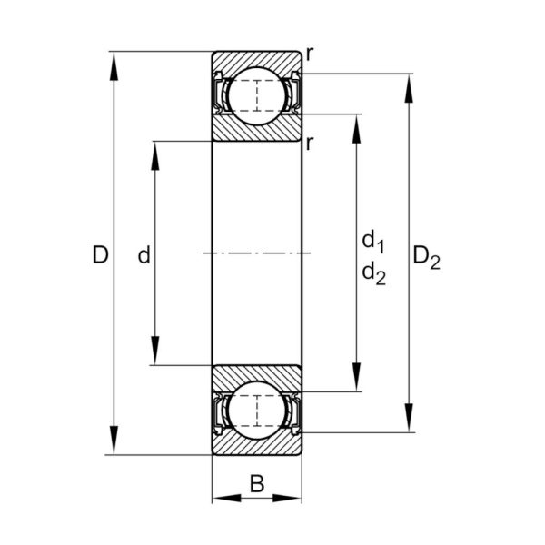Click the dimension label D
click(101, 254)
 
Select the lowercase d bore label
click(144, 254)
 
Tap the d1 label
click(373, 241)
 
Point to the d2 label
click(373, 273)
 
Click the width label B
click(257, 483)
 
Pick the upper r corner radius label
click(310, 54)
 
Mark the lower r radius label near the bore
click(310, 144)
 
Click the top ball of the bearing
click(257, 96)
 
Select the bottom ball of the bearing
click(257, 411)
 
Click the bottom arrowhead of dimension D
click(114, 440)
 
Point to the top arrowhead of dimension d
click(155, 155)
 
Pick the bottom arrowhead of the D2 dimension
click(409, 418)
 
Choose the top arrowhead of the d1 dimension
click(356, 129)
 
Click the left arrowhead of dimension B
click(226, 498)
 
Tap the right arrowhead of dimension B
click(287, 498)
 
